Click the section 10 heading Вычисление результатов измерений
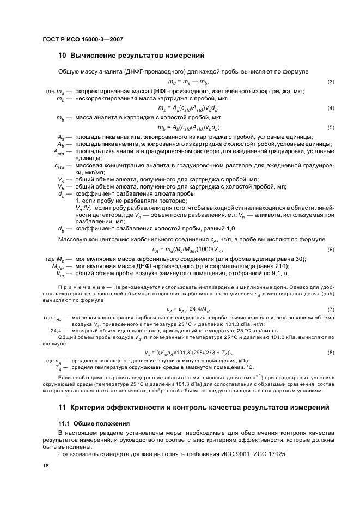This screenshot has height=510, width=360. (x=131, y=55)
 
